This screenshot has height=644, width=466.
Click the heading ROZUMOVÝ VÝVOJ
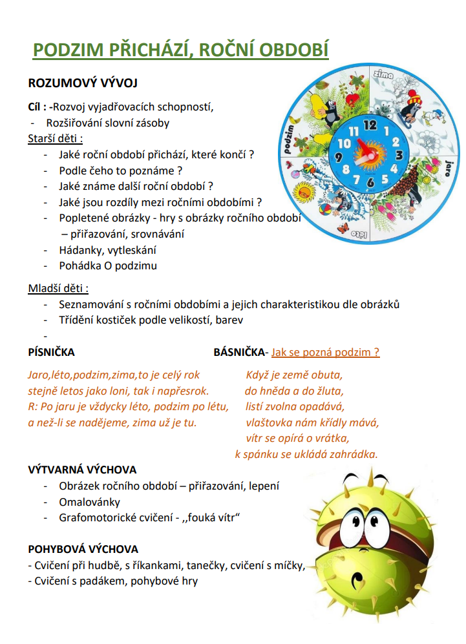pos(83,83)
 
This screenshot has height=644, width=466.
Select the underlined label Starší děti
pos(56,138)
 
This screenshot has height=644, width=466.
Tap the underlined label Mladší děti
pos(58,288)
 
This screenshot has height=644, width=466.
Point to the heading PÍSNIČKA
pos(52,353)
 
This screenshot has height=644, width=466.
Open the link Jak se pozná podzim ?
pos(325,353)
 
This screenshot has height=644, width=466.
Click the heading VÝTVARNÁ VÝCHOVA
pos(83,470)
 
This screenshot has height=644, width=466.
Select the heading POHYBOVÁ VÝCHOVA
pos(83,549)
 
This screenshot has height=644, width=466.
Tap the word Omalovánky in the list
pos(89,501)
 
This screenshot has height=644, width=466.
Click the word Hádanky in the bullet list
pos(79,250)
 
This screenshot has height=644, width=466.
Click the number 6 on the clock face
pos(370,183)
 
